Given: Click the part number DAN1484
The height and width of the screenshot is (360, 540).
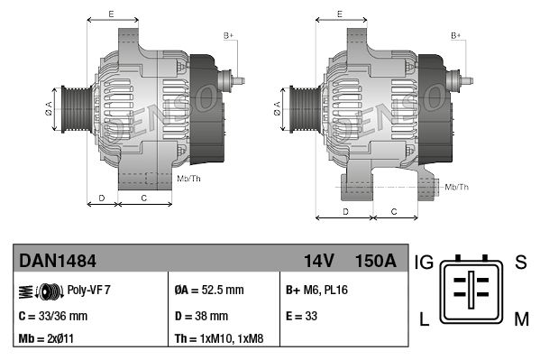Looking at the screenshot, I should coord(58,262).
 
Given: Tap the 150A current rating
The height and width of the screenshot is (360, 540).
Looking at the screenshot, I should coord(376,262).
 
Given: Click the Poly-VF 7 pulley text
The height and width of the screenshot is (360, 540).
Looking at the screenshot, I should coord(89,291).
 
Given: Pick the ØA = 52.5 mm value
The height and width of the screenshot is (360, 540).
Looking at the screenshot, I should coord(208,291).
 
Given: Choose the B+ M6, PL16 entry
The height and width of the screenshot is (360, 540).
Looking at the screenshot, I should coord(316,291).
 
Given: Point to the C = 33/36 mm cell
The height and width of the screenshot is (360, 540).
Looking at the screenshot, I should coord(53,316).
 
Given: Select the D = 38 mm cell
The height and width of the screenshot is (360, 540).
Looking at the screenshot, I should coord(201,316).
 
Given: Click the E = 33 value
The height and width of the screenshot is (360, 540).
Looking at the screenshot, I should coord(304,316).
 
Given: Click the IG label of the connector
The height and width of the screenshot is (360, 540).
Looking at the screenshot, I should coord(425,263).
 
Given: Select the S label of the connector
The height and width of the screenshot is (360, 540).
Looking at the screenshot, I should coord(520,263).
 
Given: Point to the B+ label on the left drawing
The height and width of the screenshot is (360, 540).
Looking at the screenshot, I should coord(228,35).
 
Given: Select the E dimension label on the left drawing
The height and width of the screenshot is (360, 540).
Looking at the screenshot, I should coord(110,14).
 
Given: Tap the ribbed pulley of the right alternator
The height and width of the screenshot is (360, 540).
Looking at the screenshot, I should coord(302,108).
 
